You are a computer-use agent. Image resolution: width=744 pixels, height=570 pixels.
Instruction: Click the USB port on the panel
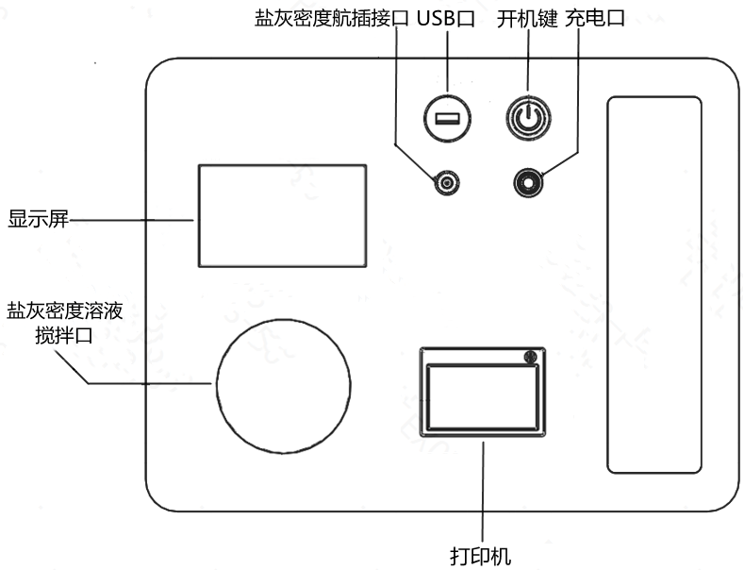click(447, 118)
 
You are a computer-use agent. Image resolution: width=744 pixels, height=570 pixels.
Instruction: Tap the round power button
click(528, 118)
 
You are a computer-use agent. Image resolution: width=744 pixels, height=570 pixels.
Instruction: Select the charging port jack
click(528, 180)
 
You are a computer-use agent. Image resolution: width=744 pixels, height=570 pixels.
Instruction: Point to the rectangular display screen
click(281, 215)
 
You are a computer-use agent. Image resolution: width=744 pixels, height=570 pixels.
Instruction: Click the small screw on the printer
click(530, 358)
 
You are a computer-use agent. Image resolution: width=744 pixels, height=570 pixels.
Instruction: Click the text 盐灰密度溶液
click(64, 310)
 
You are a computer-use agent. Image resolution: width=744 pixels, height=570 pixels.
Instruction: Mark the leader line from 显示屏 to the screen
click(132, 220)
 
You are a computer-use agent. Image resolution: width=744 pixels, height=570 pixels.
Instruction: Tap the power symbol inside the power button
click(528, 118)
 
